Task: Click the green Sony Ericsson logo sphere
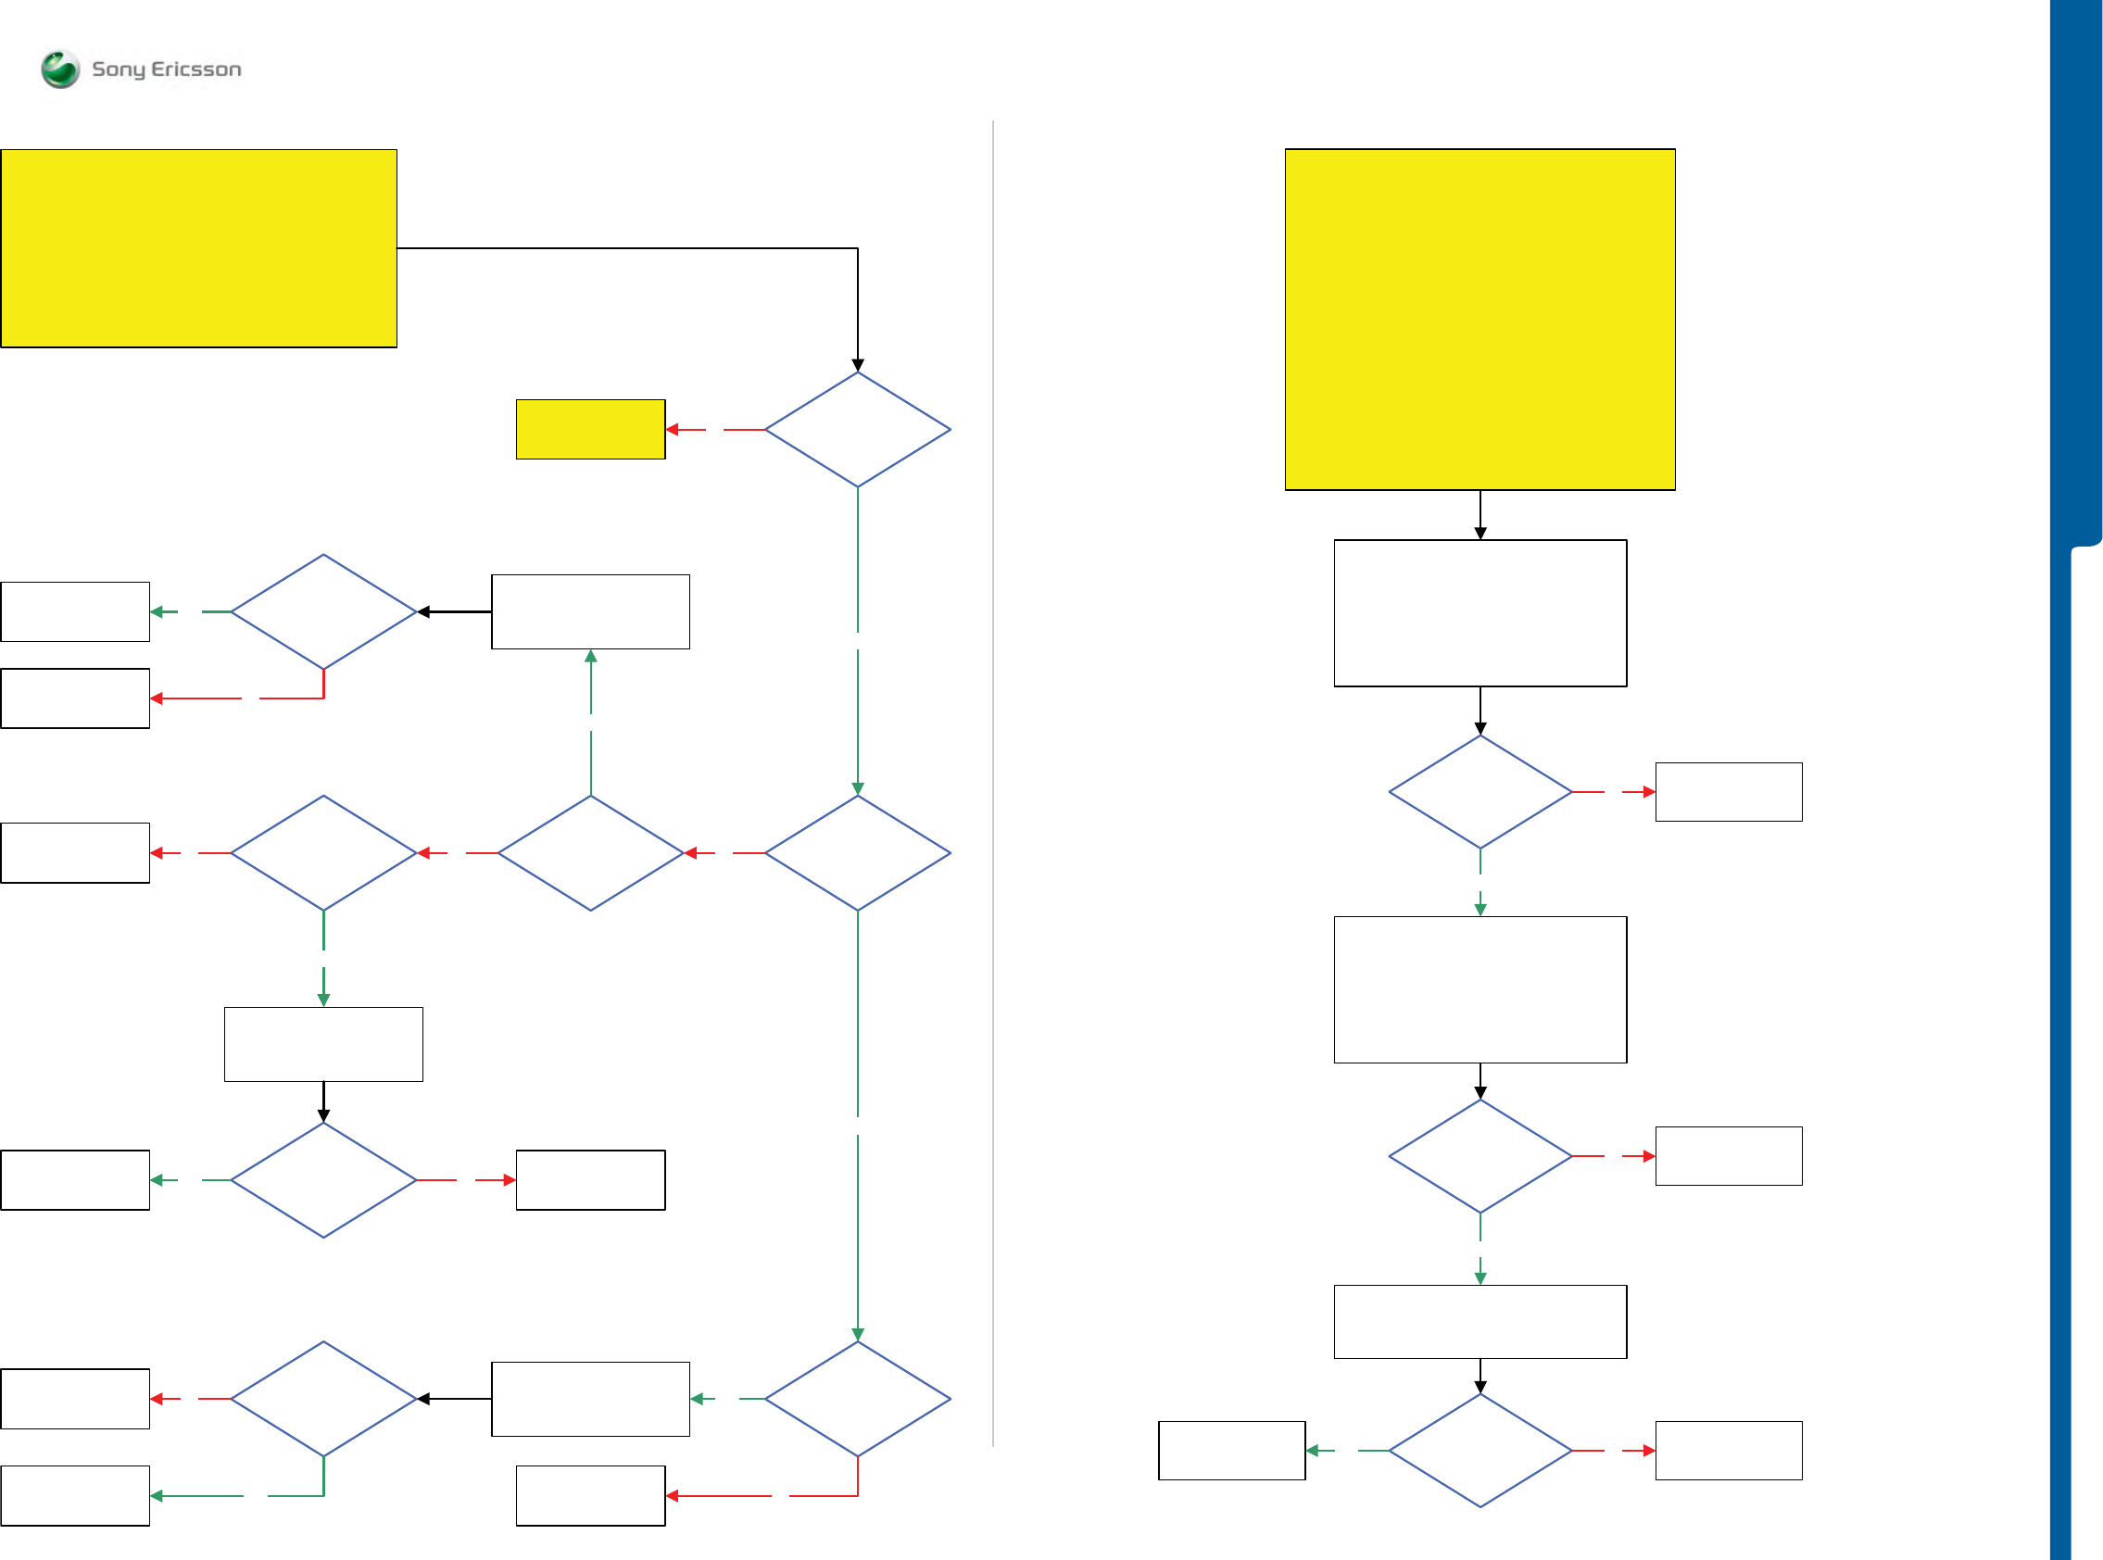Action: (60, 69)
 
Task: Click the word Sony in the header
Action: (118, 69)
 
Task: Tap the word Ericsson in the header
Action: (196, 69)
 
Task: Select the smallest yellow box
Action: (590, 430)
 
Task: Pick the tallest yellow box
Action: (1480, 320)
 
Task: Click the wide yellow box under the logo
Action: (198, 248)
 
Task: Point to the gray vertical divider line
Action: (992, 784)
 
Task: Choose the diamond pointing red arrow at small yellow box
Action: (858, 430)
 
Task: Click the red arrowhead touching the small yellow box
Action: (673, 430)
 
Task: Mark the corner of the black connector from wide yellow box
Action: (858, 248)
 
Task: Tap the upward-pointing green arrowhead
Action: (590, 656)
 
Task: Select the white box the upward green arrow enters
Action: (590, 612)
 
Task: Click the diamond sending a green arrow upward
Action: (590, 852)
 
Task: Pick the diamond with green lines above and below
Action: (858, 852)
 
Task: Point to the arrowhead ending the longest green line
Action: (858, 1334)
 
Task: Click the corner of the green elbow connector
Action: (324, 1496)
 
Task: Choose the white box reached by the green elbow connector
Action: (75, 1496)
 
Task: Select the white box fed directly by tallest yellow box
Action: (1480, 613)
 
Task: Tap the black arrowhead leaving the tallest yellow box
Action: (1480, 534)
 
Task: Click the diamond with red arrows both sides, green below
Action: (324, 852)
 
